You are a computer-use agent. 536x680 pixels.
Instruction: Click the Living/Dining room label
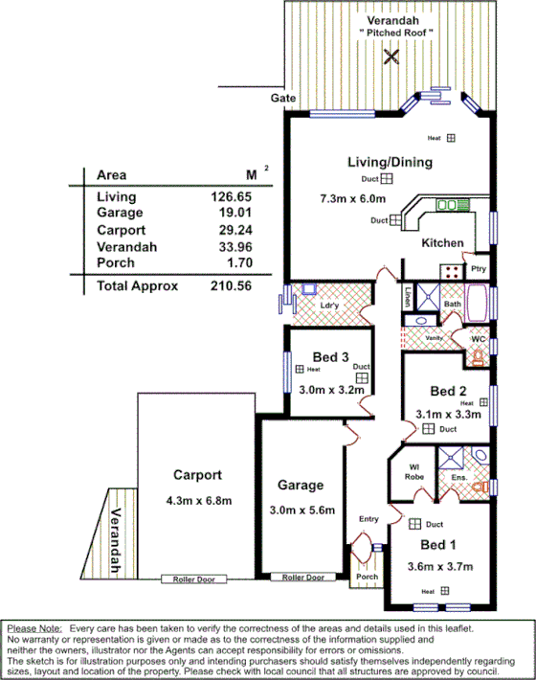pos(391,162)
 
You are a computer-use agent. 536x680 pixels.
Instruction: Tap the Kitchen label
pos(442,243)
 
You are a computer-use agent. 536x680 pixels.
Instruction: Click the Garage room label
pos(301,486)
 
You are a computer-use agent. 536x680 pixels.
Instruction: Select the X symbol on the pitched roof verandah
pos(390,56)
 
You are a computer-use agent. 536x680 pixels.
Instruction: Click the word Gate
pos(281,98)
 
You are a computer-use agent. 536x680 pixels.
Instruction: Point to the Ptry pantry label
pos(479,270)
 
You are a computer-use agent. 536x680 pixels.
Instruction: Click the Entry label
pos(369,519)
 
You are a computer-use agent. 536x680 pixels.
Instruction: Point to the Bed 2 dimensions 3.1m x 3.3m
pos(448,415)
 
